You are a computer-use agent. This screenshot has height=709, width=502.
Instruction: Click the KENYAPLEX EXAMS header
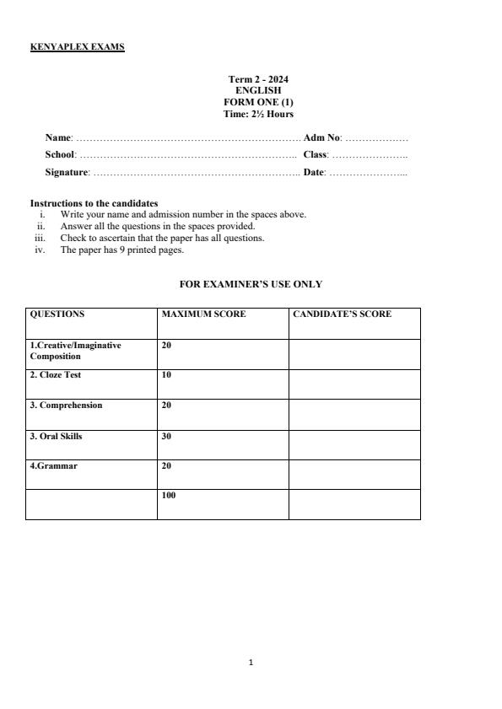click(x=77, y=47)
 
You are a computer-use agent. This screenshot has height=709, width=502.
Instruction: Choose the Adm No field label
click(x=321, y=137)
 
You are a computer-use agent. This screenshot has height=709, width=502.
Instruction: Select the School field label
click(x=60, y=154)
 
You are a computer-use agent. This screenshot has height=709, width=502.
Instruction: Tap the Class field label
click(x=316, y=154)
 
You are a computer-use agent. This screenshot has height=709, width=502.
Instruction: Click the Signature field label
click(x=67, y=172)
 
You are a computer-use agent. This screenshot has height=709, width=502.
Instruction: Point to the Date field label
click(x=314, y=172)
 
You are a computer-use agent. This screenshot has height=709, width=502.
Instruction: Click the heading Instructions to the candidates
click(x=94, y=203)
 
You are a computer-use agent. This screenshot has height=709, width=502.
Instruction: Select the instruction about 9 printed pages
click(x=121, y=250)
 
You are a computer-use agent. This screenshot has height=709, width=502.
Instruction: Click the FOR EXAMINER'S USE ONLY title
click(x=251, y=285)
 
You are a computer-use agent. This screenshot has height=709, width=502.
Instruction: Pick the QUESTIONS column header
click(x=57, y=314)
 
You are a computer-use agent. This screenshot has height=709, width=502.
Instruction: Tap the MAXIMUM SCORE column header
click(x=203, y=314)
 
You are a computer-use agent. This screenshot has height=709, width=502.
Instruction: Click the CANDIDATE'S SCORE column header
click(x=342, y=314)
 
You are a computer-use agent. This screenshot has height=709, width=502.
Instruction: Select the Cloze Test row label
click(x=56, y=375)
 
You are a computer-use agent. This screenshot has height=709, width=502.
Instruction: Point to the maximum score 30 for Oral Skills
click(x=166, y=436)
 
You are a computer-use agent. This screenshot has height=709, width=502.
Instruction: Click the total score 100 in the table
click(x=169, y=496)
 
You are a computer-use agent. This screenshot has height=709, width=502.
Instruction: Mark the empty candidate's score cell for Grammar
click(x=354, y=474)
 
